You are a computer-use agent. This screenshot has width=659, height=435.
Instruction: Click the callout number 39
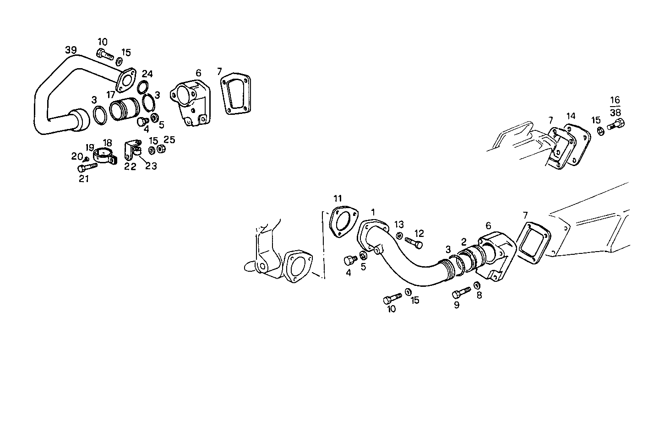point(71,50)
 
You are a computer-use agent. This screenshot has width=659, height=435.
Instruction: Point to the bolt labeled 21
point(87,167)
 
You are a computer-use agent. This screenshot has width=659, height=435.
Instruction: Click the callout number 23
point(151,166)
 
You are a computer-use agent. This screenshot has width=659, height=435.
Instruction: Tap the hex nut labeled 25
point(161,149)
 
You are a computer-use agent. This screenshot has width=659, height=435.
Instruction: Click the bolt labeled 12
point(414,242)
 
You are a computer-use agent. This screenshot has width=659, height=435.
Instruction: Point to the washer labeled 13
point(399,236)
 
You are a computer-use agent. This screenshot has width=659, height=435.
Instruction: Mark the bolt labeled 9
point(461,292)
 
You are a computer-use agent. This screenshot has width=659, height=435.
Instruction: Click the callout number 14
point(570,116)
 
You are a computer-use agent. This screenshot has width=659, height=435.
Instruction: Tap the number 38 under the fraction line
point(615,113)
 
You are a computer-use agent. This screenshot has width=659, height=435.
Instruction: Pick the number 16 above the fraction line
point(615,100)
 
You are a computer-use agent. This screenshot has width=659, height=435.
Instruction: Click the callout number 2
point(463,241)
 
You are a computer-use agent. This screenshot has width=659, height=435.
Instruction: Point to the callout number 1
point(373,212)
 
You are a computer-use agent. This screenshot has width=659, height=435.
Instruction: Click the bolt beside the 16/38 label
point(616,124)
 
